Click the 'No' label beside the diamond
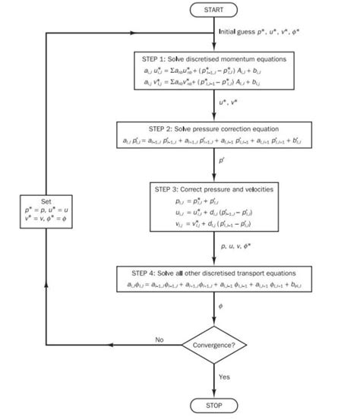pos(159,339)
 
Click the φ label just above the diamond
pos(221,305)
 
